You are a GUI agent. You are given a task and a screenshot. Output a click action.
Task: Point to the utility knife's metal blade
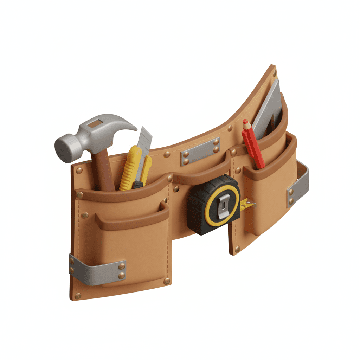(144, 139)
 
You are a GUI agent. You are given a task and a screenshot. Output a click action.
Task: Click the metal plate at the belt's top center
(200, 151)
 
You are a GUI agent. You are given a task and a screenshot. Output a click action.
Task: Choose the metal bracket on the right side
(299, 185)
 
